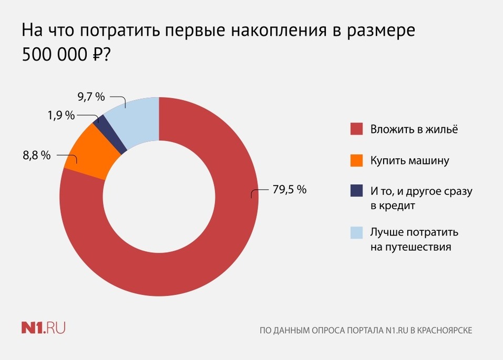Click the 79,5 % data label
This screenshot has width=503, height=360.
[x=289, y=190]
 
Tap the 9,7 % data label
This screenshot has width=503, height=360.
[x=91, y=97]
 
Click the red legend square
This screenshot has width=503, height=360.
[x=356, y=129]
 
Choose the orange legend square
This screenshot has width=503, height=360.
[x=356, y=160]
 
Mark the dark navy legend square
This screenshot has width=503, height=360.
[x=356, y=191]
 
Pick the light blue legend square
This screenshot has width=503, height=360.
[x=356, y=232]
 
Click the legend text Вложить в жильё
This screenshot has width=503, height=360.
[x=414, y=129]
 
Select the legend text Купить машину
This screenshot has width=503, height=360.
[x=409, y=160]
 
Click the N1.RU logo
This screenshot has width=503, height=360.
[x=43, y=328]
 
